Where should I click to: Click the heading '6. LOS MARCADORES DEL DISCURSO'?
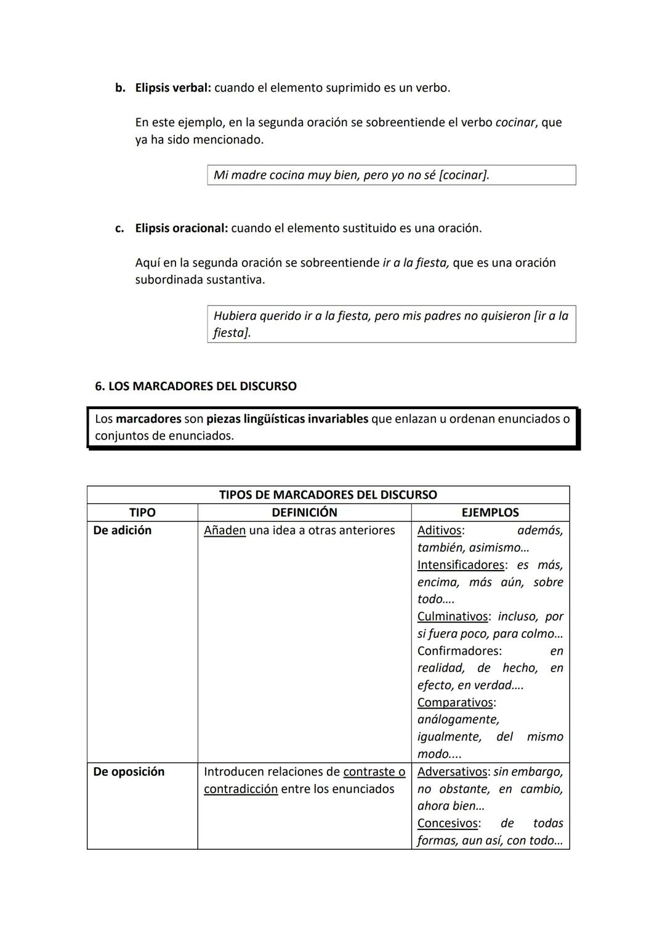(195, 386)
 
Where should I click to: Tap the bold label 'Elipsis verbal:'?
(173, 88)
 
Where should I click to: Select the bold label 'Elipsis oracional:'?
(182, 229)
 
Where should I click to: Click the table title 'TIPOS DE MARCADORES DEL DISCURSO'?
(328, 495)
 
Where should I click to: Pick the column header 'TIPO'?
(142, 513)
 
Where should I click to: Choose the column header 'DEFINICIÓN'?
(304, 513)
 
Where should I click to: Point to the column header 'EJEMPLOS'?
(490, 513)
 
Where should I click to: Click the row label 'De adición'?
(122, 531)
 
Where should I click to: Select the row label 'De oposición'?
(129, 772)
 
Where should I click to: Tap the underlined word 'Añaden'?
(225, 531)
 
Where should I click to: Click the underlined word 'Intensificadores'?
(461, 565)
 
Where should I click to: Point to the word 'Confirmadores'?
(459, 651)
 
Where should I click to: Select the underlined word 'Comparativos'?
(455, 703)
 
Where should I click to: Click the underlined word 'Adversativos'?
(453, 772)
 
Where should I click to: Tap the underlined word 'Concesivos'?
(448, 823)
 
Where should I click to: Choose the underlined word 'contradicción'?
(241, 789)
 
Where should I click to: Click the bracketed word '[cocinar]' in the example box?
(464, 175)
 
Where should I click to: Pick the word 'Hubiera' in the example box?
(235, 316)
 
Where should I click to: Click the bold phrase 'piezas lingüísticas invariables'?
(287, 419)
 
